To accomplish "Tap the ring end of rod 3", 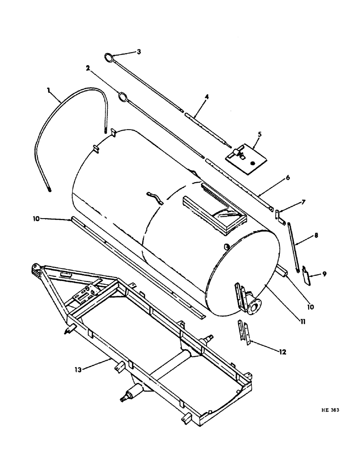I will click(x=108, y=58).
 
